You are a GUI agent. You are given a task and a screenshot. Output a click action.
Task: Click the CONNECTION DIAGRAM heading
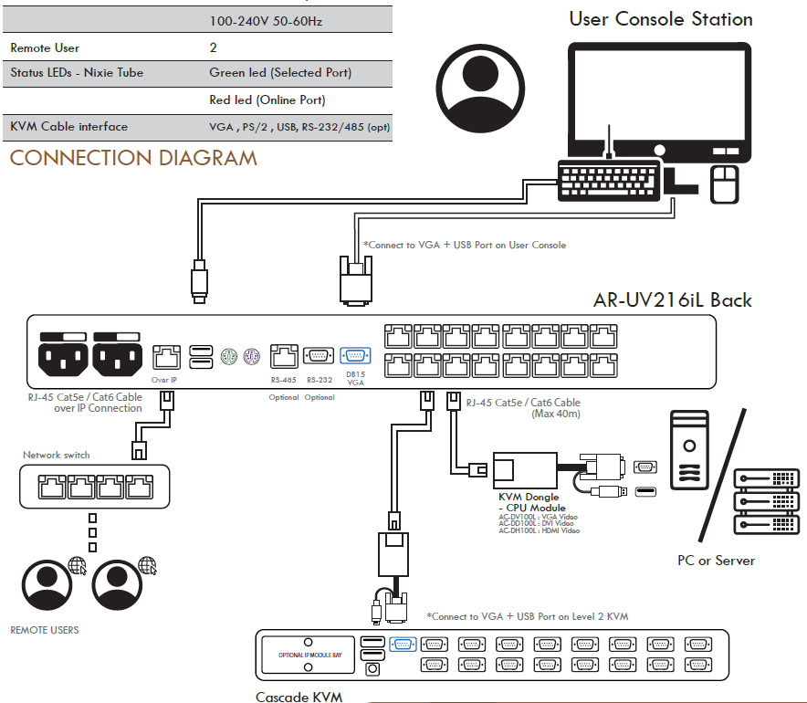133,158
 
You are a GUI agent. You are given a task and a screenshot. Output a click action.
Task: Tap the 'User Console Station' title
661,19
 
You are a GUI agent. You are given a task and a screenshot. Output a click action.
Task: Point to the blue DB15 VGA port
353,357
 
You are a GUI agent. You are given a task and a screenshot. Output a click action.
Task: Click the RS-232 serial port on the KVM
319,357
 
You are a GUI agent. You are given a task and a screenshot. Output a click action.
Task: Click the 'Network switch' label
57,455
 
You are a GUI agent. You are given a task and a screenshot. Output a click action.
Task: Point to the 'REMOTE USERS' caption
45,630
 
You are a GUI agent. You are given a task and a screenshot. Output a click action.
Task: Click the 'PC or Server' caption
716,560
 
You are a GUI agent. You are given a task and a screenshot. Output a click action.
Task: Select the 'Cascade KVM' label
299,698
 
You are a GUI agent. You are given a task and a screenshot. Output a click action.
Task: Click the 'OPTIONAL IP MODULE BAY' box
309,655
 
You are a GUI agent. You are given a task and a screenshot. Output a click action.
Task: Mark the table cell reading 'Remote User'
45,47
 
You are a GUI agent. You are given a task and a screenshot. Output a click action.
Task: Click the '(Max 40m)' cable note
556,414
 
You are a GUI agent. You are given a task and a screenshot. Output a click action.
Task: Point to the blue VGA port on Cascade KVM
403,645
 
